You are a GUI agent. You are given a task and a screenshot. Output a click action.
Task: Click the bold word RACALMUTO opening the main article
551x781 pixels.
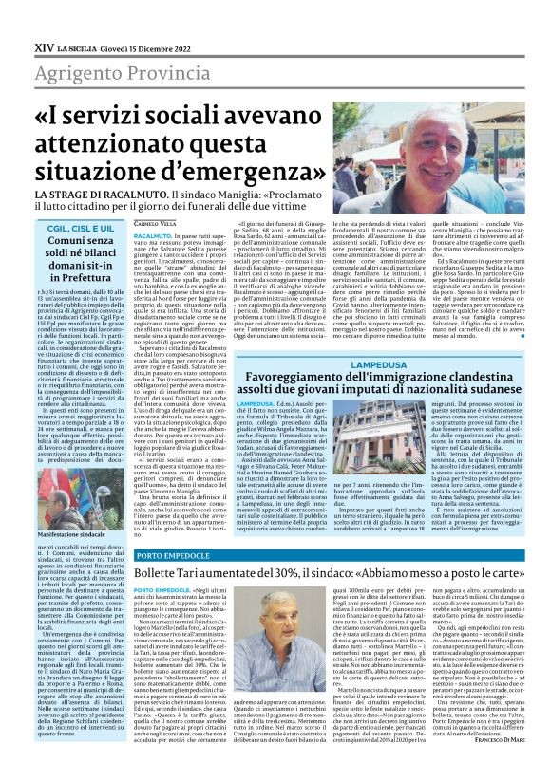tap(152, 233)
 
